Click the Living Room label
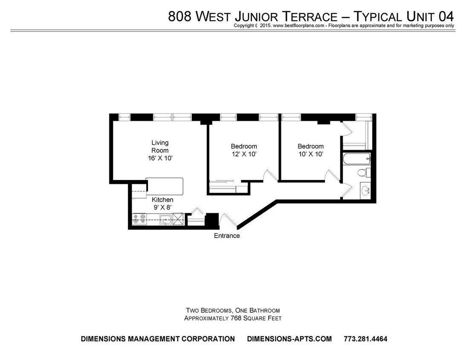160,146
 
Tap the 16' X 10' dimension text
160,158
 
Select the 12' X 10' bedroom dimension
243,154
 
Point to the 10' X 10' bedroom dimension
310,154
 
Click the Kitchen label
163,200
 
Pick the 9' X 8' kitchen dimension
163,208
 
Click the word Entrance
227,236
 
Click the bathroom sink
365,190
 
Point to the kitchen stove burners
139,219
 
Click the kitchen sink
165,220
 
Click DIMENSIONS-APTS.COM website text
289,339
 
